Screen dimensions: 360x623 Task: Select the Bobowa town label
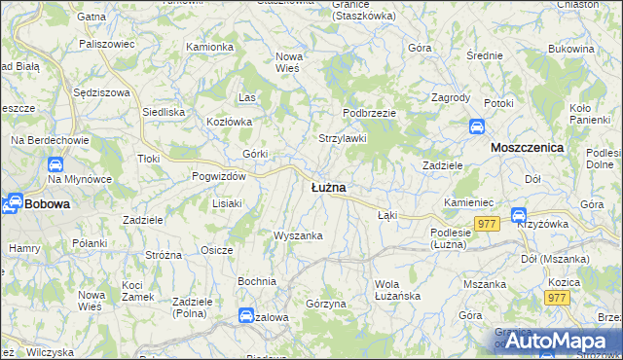click(46, 204)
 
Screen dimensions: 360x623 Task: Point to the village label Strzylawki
click(343, 138)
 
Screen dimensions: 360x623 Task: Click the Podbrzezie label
click(369, 113)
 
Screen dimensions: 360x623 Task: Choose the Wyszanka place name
click(297, 235)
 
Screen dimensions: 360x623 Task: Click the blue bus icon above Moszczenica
click(477, 126)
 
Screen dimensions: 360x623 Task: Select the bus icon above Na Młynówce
click(55, 165)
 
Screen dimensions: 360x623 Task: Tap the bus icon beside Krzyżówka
click(519, 215)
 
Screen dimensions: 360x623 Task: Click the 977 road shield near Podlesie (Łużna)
click(488, 224)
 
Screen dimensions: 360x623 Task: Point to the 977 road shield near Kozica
click(556, 298)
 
